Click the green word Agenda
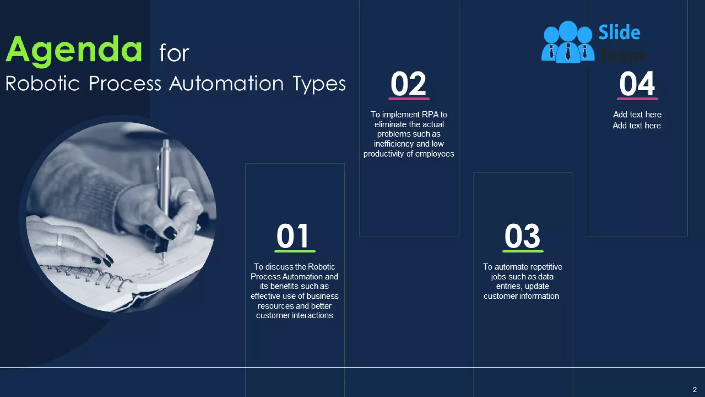pyautogui.click(x=74, y=50)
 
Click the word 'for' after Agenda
pyautogui.click(x=174, y=53)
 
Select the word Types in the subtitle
pyautogui.click(x=319, y=84)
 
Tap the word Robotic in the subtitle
pyautogui.click(x=43, y=84)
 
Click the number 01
pyautogui.click(x=293, y=236)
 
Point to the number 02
pyautogui.click(x=409, y=84)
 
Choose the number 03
pyautogui.click(x=522, y=236)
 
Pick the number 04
pyautogui.click(x=637, y=84)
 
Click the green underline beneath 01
pyautogui.click(x=295, y=252)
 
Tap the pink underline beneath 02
pyautogui.click(x=409, y=99)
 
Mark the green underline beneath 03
pyautogui.click(x=523, y=252)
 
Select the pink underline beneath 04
pyautogui.click(x=637, y=99)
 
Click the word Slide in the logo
pyautogui.click(x=619, y=33)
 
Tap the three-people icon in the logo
pyautogui.click(x=568, y=42)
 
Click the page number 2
pyautogui.click(x=695, y=389)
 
